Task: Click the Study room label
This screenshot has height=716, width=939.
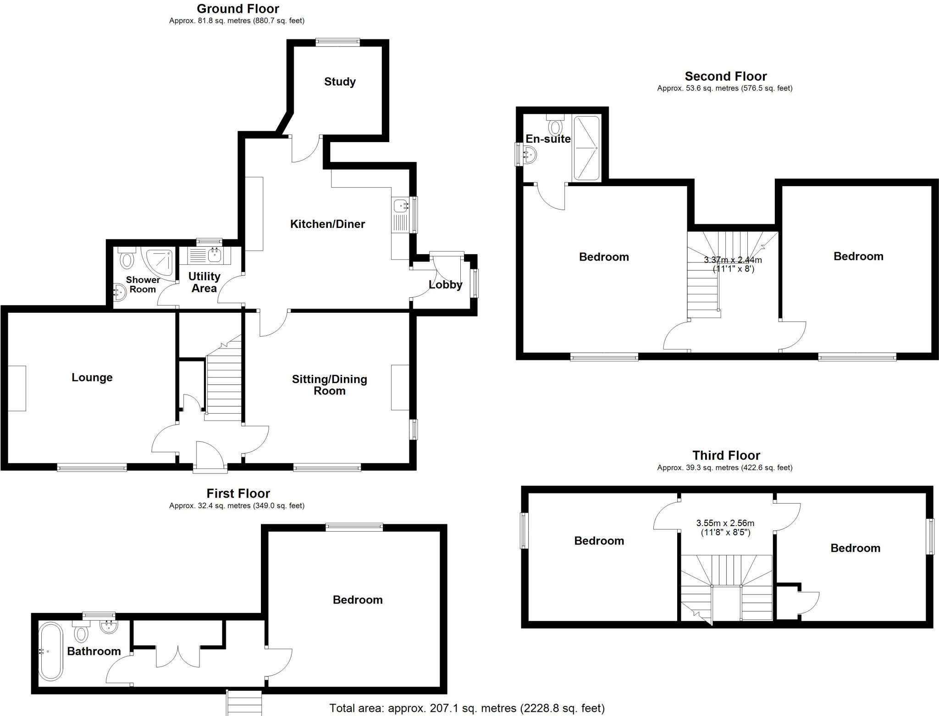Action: click(340, 82)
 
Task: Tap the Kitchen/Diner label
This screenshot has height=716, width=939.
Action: click(327, 224)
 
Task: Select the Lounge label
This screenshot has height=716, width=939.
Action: click(92, 377)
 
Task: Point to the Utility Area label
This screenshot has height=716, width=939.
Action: click(204, 283)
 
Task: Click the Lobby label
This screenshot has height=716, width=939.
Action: click(445, 285)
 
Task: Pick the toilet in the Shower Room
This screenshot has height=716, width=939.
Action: click(127, 260)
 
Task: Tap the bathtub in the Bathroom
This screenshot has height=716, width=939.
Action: click(50, 651)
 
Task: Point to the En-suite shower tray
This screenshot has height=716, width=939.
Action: click(586, 148)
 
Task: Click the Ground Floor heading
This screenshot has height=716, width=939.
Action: click(238, 9)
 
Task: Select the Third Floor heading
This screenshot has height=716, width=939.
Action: click(726, 455)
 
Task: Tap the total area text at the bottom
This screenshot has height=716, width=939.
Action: click(467, 709)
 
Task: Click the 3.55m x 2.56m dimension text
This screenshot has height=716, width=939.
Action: click(725, 527)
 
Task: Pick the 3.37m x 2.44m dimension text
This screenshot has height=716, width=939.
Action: click(733, 264)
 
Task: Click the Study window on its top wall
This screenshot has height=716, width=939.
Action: click(338, 42)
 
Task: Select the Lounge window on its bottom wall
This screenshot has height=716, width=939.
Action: click(92, 467)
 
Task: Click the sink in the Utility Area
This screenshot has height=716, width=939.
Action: click(214, 254)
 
